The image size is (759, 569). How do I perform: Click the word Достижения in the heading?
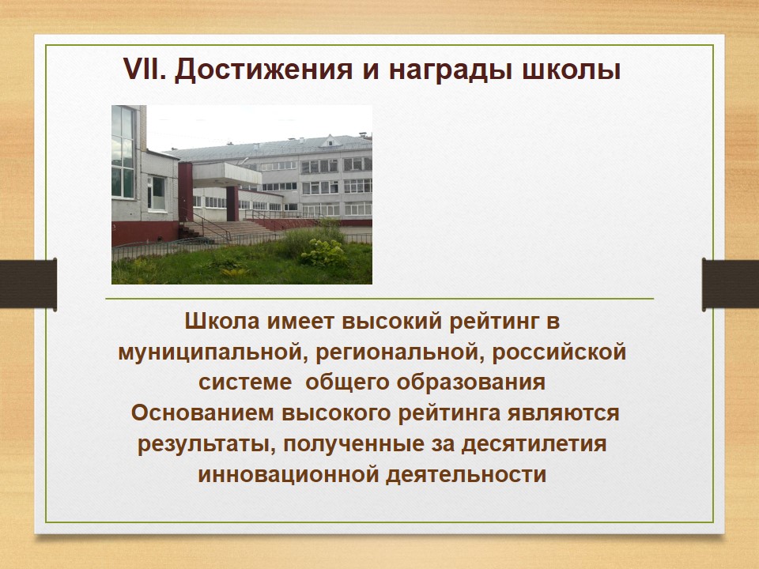coord(263,70)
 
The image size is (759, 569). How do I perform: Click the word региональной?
coord(398,352)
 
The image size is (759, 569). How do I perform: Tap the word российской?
coord(559,352)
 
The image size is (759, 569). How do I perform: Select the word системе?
coord(245,382)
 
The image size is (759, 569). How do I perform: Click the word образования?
coord(471,382)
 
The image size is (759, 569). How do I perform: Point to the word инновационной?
coord(288,475)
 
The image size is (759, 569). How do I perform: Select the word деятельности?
coord(466,475)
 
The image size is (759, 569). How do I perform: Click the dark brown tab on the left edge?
coord(28,284)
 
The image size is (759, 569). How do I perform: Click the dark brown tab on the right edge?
coord(731,284)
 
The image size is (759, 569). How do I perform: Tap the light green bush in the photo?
coord(323,252)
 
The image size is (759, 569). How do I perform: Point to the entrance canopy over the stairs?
coord(227,174)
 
